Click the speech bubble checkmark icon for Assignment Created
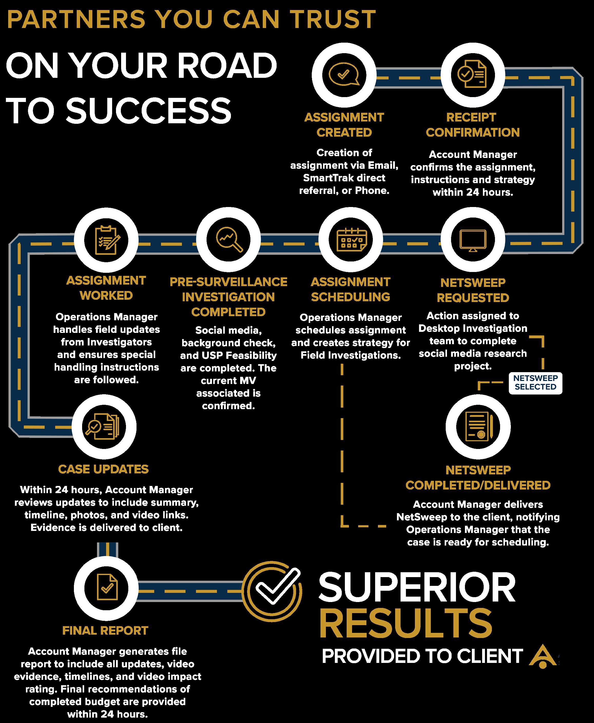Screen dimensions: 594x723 [x=344, y=75]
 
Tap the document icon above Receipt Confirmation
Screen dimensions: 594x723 [x=473, y=75]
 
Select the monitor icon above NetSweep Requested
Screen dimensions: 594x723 [x=473, y=239]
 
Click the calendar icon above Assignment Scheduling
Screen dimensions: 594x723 [x=351, y=239]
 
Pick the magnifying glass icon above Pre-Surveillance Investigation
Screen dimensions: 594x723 [x=229, y=239]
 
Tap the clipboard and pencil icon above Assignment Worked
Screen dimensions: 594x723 [x=106, y=239]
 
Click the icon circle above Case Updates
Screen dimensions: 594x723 [x=104, y=427]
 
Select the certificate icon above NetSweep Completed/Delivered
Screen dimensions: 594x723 [x=478, y=427]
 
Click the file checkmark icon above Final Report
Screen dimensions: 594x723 [x=106, y=588]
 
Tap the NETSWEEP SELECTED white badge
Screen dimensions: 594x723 [x=535, y=383]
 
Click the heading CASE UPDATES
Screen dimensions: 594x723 [x=103, y=469]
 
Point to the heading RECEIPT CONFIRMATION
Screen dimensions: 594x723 [x=473, y=125]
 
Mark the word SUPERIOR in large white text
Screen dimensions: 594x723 [x=417, y=588]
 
